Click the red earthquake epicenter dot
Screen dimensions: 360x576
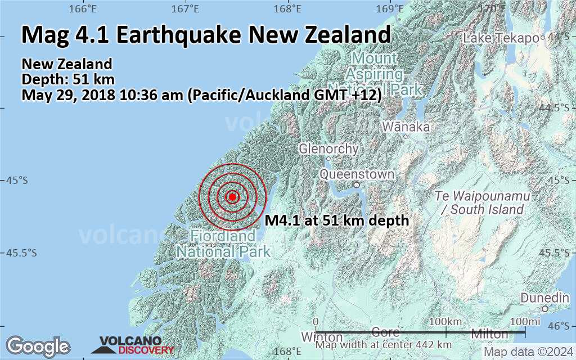[232, 196]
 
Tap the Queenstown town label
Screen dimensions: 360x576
[357, 174]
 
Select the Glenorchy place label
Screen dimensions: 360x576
[328, 149]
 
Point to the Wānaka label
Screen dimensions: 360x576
[406, 127]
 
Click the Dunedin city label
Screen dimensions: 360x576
[544, 298]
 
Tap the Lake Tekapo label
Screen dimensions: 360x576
[501, 38]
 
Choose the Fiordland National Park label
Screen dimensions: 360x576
[223, 244]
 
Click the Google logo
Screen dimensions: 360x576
[38, 345]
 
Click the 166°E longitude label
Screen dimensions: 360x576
[83, 9]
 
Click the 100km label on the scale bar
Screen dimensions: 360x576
[445, 321]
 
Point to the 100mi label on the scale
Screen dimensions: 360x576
[523, 321]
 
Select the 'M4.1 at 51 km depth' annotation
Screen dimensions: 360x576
[336, 220]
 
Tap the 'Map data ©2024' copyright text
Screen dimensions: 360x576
[528, 352]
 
